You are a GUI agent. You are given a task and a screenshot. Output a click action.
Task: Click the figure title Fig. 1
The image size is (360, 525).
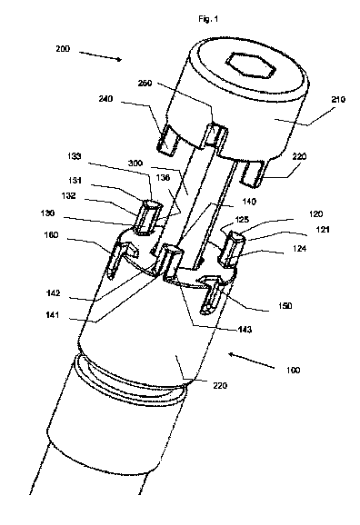click(x=208, y=19)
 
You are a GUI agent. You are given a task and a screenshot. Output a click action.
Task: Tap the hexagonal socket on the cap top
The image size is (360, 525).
click(x=251, y=65)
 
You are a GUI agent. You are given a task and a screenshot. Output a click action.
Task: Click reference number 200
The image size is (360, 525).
click(x=63, y=49)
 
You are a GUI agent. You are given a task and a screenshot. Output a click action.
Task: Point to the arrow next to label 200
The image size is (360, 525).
click(x=101, y=56)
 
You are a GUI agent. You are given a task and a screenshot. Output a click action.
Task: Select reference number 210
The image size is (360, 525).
click(x=337, y=99)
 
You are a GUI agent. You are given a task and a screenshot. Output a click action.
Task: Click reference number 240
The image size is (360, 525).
click(x=106, y=99)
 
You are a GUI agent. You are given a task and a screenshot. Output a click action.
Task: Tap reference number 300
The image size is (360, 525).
click(x=135, y=163)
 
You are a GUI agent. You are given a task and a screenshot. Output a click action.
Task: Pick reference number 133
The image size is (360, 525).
click(x=74, y=156)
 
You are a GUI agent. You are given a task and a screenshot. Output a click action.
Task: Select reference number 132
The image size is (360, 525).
click(x=68, y=196)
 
